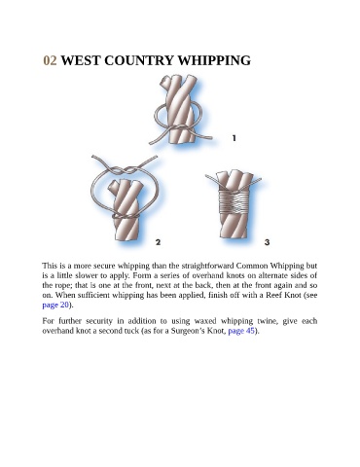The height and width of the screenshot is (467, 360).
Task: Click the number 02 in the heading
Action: click(50, 60)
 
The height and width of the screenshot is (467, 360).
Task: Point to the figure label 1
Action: click(234, 138)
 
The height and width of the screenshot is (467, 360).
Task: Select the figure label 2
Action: click(158, 242)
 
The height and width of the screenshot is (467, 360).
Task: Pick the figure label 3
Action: click(267, 242)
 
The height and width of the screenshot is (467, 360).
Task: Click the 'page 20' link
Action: click(55, 305)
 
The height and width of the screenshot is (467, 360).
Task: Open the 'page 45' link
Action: click(241, 331)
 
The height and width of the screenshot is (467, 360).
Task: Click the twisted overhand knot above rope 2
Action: click(126, 170)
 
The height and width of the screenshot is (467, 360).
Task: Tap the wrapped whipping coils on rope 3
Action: click(234, 201)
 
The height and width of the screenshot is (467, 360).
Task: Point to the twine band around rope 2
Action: click(126, 216)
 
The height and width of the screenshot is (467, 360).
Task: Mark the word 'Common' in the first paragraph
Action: click(252, 267)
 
